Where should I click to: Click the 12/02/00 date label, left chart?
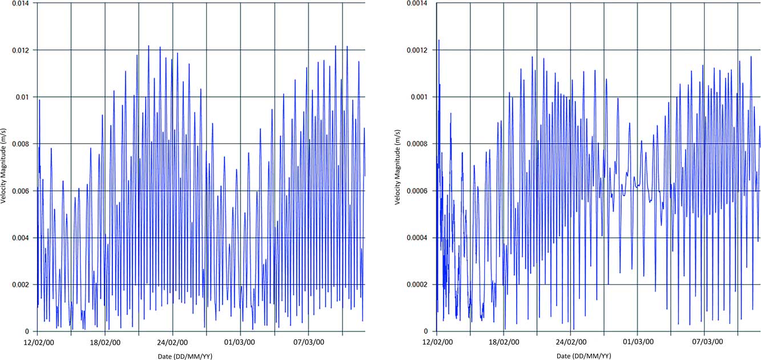click(x=37, y=343)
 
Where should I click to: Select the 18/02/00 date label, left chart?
click(x=105, y=343)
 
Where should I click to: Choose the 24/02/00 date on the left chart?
click(x=172, y=343)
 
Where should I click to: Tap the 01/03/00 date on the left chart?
click(x=240, y=343)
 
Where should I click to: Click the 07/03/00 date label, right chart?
click(x=708, y=343)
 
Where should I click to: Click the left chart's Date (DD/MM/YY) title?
click(x=185, y=356)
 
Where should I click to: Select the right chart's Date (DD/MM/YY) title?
click(x=583, y=356)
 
